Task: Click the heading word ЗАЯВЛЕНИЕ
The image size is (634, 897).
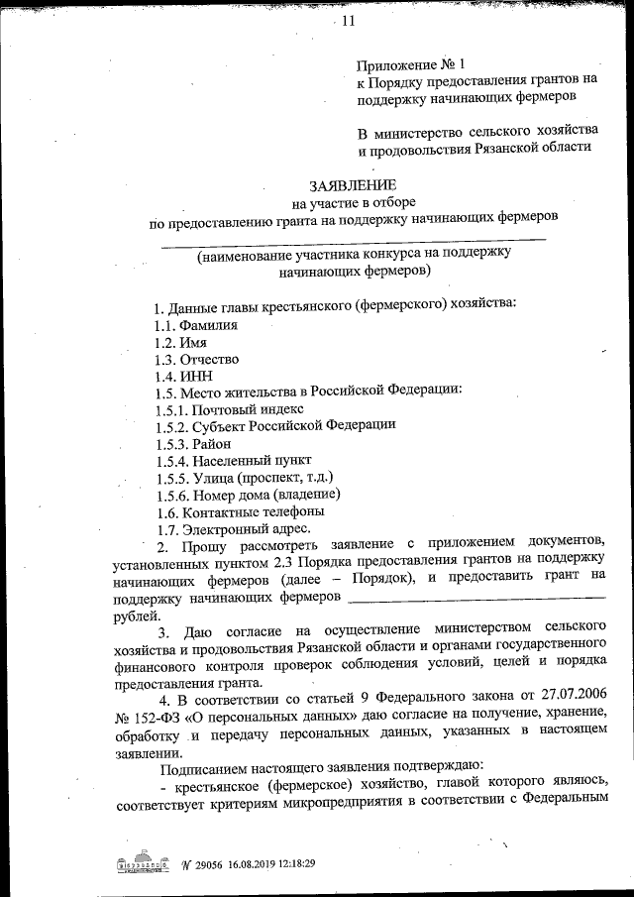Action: point(353,184)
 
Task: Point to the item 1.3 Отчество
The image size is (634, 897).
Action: point(196,359)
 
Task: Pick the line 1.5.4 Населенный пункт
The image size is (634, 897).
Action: point(234,461)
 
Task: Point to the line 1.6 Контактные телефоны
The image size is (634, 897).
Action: point(240,512)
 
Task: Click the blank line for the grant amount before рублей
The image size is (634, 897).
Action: point(477,598)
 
